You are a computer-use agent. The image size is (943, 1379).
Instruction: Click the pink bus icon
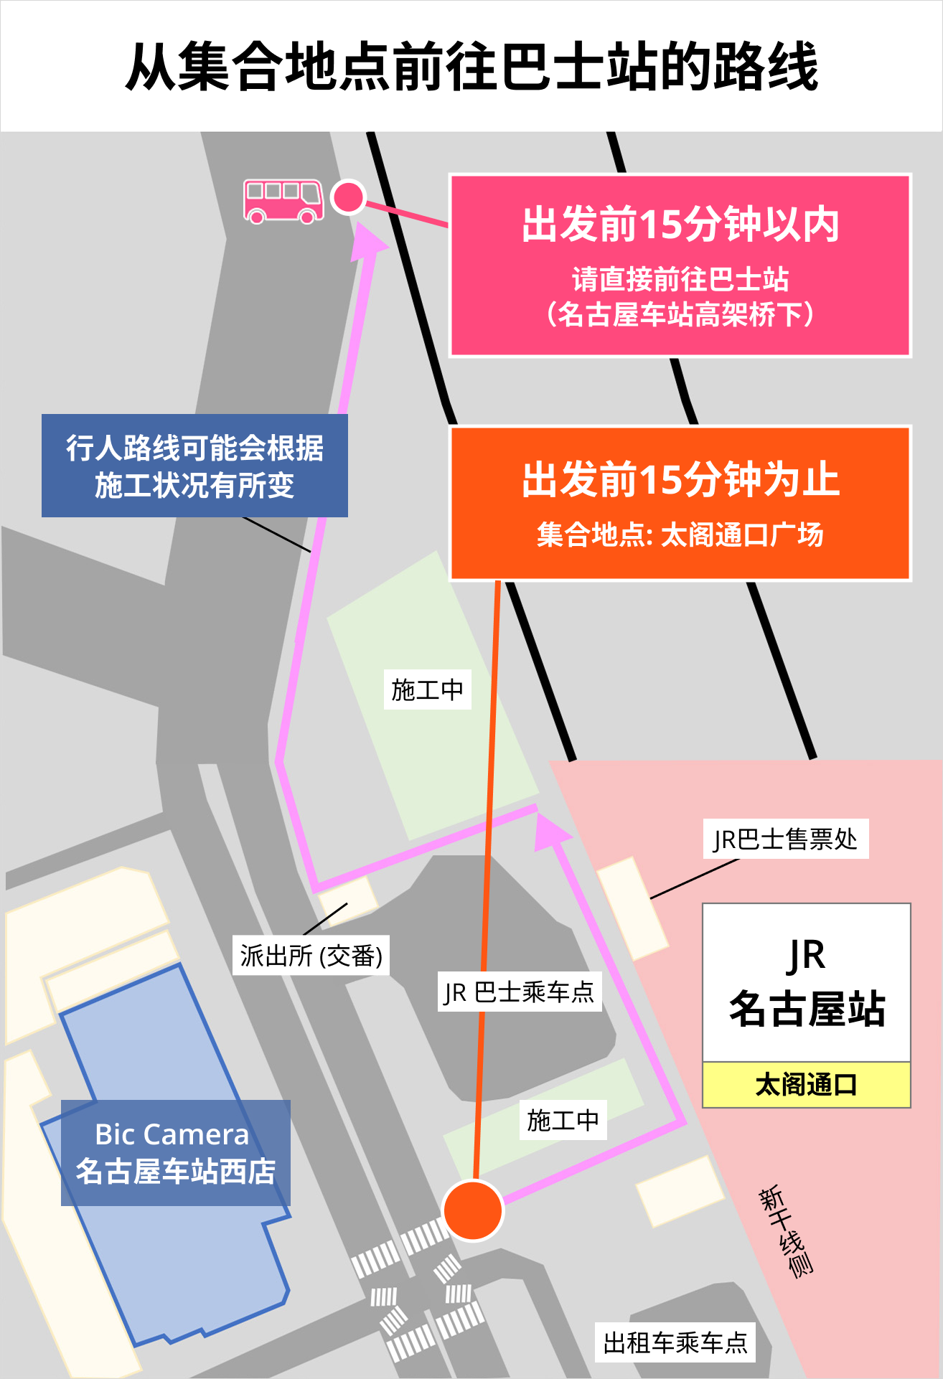pyautogui.click(x=283, y=202)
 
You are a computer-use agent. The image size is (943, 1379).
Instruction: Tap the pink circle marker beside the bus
pyautogui.click(x=349, y=197)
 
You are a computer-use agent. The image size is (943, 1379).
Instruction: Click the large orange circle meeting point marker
pyautogui.click(x=474, y=1210)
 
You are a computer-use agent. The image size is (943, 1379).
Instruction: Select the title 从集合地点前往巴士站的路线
pyautogui.click(x=472, y=66)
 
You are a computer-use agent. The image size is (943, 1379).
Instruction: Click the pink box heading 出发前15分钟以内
pyautogui.click(x=680, y=224)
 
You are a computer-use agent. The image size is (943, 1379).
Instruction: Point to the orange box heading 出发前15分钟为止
pyautogui.click(x=680, y=479)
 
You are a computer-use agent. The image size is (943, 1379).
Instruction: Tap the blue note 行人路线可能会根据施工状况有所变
pyautogui.click(x=194, y=466)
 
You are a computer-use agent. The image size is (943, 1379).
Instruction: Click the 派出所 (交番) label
pyautogui.click(x=311, y=955)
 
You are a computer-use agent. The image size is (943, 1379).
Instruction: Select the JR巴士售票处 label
pyautogui.click(x=786, y=838)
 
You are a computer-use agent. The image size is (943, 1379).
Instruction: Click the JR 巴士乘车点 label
pyautogui.click(x=519, y=992)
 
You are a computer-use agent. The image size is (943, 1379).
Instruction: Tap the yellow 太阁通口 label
pyautogui.click(x=806, y=1084)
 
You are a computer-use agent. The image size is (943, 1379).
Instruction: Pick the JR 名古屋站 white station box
pyautogui.click(x=806, y=982)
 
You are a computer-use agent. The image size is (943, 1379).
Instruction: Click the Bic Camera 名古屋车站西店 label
pyautogui.click(x=176, y=1152)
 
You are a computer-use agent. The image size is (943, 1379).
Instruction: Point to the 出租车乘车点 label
pyautogui.click(x=675, y=1342)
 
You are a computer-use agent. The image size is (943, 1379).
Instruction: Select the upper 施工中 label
pyautogui.click(x=428, y=689)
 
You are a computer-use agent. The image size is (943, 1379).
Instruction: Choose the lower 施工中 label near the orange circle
pyautogui.click(x=563, y=1119)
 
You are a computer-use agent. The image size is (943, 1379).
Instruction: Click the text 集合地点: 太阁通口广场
pyautogui.click(x=680, y=535)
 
